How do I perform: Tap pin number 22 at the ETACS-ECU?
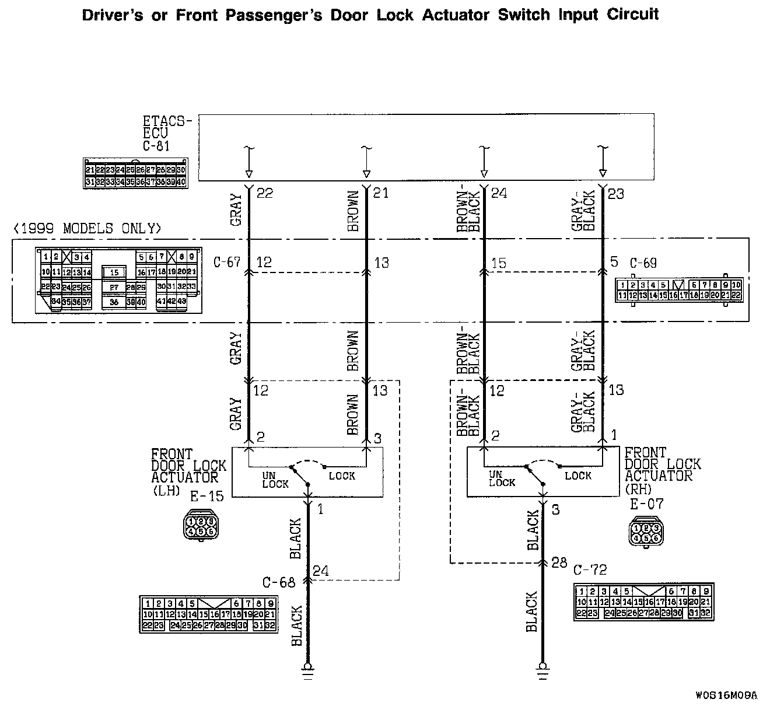[x=265, y=193]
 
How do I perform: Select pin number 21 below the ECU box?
[x=381, y=193]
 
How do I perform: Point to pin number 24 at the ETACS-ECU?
[x=499, y=193]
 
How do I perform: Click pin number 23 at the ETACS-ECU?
[x=616, y=193]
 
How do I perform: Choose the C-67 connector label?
[x=227, y=263]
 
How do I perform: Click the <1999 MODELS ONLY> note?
[x=87, y=228]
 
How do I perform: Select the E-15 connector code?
[x=207, y=497]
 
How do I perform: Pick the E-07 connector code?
[x=646, y=504]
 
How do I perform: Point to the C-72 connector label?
[x=590, y=570]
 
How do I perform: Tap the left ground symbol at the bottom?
[x=308, y=670]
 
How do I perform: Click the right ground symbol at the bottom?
[x=542, y=670]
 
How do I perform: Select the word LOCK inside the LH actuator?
[x=342, y=476]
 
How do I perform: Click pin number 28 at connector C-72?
[x=559, y=563]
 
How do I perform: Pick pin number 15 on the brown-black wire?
[x=499, y=264]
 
